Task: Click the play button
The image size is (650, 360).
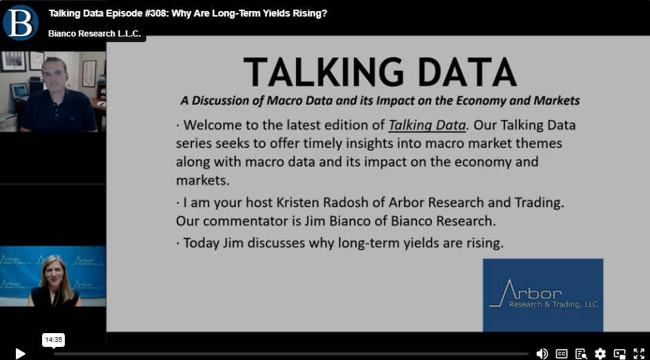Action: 20,354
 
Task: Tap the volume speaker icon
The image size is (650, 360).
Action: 542,353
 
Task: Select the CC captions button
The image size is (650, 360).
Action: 561,353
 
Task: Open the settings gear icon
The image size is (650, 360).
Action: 600,353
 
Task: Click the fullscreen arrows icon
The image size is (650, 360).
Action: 639,353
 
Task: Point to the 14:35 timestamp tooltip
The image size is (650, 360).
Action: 53,340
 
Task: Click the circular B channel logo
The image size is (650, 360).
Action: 20,23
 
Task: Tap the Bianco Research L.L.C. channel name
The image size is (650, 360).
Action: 95,34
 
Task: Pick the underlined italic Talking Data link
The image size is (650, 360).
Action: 427,125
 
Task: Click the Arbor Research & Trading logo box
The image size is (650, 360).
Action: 543,295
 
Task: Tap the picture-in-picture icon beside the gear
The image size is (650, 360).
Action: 620,354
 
